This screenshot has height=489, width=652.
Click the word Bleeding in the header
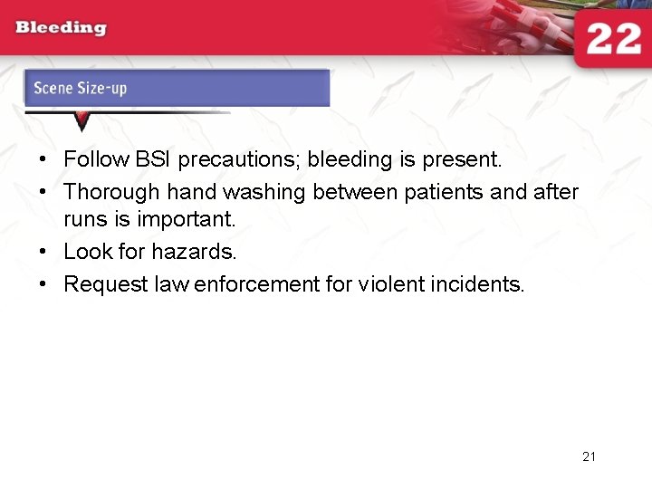pyautogui.click(x=61, y=28)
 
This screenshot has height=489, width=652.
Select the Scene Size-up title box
pyautogui.click(x=177, y=88)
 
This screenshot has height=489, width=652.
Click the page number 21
pyautogui.click(x=589, y=456)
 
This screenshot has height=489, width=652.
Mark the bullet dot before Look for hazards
pyautogui.click(x=43, y=253)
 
